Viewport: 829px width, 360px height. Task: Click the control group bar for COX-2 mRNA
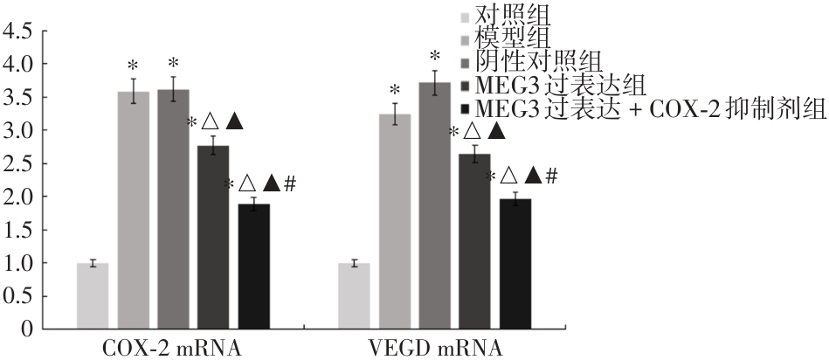[93, 295]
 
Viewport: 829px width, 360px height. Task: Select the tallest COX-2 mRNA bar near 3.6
[173, 210]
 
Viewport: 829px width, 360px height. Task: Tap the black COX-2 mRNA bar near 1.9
[253, 267]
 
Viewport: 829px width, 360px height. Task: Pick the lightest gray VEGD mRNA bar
[354, 295]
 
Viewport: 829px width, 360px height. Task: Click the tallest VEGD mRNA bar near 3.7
[434, 206]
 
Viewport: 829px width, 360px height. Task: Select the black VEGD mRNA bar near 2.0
[515, 264]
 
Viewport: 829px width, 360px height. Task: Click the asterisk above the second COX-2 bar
[133, 66]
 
